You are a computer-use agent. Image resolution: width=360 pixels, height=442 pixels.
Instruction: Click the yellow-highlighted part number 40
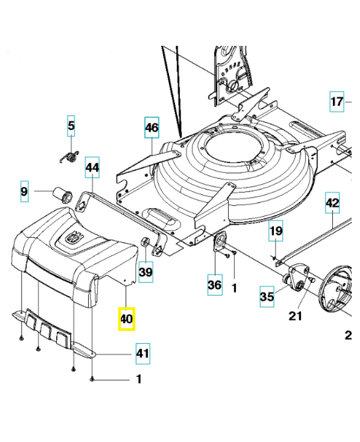point(126,319)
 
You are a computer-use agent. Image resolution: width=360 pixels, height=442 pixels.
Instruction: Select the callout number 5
point(71,127)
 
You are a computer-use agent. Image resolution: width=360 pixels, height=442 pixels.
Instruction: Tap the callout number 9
point(24,192)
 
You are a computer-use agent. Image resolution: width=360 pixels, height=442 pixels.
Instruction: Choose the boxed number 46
point(151,128)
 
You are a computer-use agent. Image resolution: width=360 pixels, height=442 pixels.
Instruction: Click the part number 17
point(337,102)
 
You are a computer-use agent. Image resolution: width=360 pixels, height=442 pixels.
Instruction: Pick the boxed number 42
point(332,203)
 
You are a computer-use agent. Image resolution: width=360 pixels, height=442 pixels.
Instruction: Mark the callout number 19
point(276,231)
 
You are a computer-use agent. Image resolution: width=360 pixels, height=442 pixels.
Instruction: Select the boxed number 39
point(146,272)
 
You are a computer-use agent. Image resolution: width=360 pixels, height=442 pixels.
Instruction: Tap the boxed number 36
point(214,285)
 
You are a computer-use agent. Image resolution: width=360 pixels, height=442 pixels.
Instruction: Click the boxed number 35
point(267,297)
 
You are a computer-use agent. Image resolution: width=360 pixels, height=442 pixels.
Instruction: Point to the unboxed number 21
point(296,316)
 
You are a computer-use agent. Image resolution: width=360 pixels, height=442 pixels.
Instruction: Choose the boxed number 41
point(143,353)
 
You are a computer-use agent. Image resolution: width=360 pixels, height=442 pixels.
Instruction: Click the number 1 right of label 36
point(234,287)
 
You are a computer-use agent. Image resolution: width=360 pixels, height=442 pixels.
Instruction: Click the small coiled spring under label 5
point(70,156)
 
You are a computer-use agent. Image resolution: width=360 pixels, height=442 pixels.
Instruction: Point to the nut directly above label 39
point(146,242)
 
